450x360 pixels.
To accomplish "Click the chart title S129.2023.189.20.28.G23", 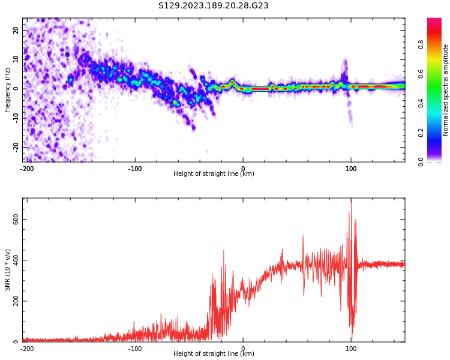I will coord(213,6).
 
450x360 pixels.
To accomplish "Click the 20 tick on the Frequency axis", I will coord(16,30).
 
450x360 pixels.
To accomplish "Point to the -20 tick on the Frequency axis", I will coord(16,146).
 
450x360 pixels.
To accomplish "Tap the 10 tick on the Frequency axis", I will coord(16,59).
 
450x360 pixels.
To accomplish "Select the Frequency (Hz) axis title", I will coord(8,90).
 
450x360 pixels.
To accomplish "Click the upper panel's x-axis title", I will coord(214,174).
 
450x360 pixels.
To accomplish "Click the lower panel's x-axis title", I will coord(214,354).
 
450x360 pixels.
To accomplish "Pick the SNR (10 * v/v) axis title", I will coord(8,270).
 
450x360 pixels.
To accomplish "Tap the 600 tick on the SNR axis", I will coord(16,220).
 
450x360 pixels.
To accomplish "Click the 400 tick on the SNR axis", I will coord(16,260).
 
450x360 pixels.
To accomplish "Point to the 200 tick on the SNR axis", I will coord(16,301).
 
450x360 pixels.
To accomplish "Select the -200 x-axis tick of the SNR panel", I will coord(27,348).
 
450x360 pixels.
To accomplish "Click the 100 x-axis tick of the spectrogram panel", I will coord(351,169).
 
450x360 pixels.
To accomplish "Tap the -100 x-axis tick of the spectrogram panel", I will coord(135,169).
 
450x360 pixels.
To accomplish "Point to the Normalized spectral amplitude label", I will coord(446,90).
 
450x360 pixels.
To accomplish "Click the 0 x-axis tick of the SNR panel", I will coord(243,348).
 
